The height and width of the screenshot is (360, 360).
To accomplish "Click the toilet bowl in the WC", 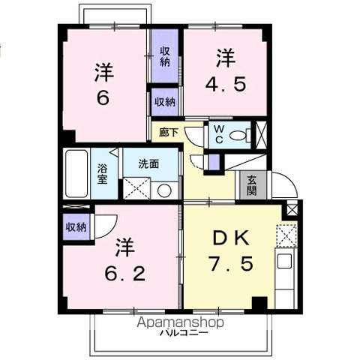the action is click(x=238, y=136).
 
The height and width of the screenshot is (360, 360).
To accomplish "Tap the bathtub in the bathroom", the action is click(x=76, y=173).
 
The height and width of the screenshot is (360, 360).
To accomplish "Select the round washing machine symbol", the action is click(x=164, y=190).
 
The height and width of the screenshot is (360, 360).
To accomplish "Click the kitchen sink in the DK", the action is click(x=285, y=261).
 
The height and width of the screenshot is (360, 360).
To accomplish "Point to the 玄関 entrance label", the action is click(x=252, y=185).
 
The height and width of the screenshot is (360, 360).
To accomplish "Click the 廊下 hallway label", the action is click(x=169, y=133).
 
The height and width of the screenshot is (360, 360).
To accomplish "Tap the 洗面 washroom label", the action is click(x=148, y=164).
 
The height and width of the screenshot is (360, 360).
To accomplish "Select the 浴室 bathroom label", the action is click(x=103, y=174).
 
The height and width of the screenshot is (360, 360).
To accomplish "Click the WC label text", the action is click(x=219, y=134).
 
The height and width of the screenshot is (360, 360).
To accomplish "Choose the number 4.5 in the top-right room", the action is click(x=226, y=84).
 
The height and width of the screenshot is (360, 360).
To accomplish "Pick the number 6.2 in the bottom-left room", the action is click(x=124, y=273).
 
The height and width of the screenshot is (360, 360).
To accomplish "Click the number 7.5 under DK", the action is click(x=231, y=264).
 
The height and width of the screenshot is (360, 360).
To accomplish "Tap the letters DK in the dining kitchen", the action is click(x=231, y=238).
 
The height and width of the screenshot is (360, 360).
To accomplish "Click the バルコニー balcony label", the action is click(x=184, y=333).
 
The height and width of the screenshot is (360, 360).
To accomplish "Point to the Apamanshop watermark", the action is click(x=180, y=322).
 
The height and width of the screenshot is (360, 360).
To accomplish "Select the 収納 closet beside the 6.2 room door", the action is click(x=76, y=227).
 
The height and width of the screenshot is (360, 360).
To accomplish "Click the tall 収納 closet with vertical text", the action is click(x=165, y=56).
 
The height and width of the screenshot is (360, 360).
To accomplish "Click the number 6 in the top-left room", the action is click(x=103, y=97).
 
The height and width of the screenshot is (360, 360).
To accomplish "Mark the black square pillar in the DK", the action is click(x=259, y=303).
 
